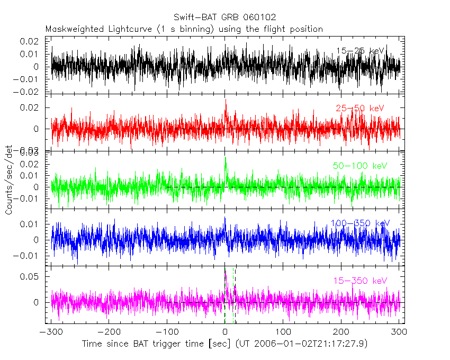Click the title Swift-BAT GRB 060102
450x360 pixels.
[x=224, y=17]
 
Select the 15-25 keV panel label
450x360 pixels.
[x=360, y=51]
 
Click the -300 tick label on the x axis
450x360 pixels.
[x=51, y=332]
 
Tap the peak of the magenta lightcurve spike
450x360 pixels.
[x=226, y=271]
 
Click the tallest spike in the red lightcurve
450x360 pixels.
[x=226, y=100]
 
